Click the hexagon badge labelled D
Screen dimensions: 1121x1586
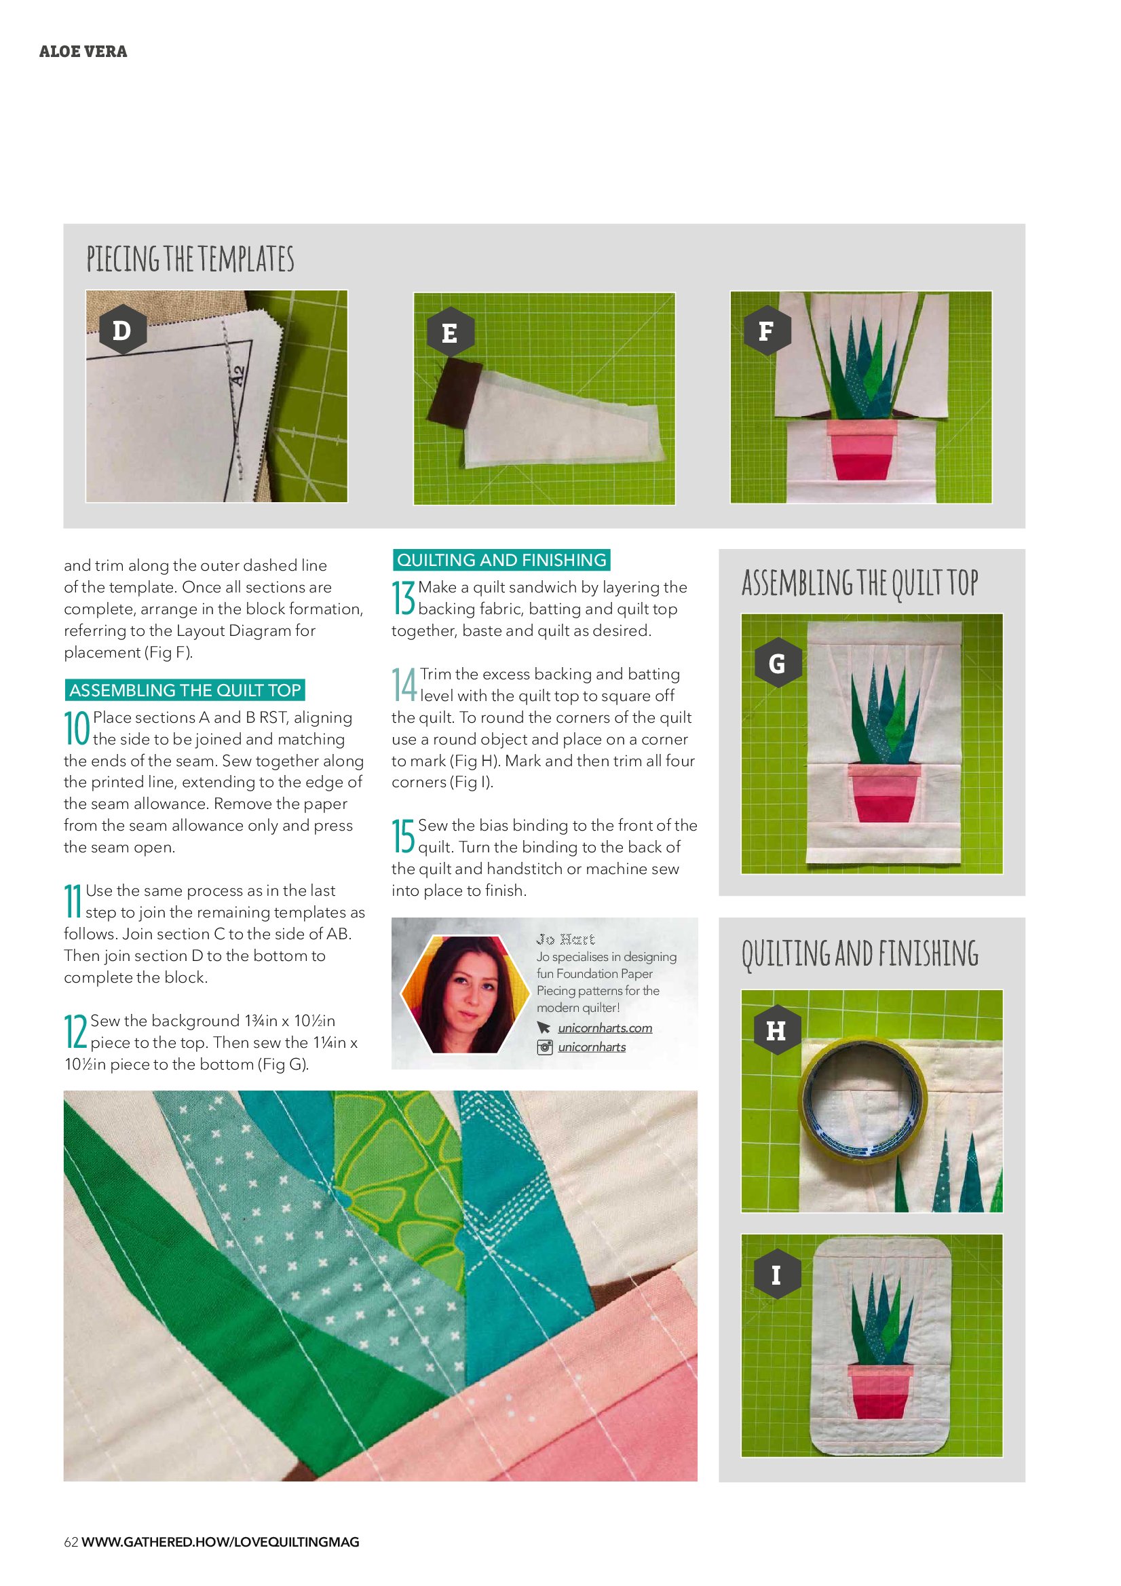click(x=121, y=331)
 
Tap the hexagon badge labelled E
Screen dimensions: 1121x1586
click(x=450, y=333)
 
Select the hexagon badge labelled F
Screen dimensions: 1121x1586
click(x=767, y=331)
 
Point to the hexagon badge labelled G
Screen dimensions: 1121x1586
click(x=777, y=663)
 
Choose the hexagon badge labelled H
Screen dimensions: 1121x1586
click(x=776, y=1030)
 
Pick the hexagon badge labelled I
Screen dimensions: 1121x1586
click(x=776, y=1274)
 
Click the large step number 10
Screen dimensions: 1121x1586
click(x=77, y=728)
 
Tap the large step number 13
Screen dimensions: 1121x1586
click(x=403, y=598)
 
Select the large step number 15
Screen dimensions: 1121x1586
click(x=403, y=836)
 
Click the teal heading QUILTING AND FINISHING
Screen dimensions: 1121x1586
click(x=501, y=559)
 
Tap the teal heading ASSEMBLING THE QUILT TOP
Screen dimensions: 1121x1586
click(x=185, y=690)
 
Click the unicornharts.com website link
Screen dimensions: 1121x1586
click(x=605, y=1028)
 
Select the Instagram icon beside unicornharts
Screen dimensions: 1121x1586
click(x=545, y=1047)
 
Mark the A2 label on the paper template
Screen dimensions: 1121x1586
click(x=237, y=377)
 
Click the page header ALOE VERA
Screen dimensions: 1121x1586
click(x=83, y=52)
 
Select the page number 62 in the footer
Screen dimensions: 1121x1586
click(x=71, y=1542)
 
